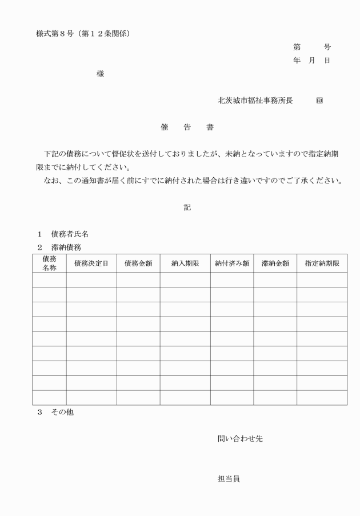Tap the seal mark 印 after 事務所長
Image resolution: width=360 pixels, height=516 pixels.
coord(319,101)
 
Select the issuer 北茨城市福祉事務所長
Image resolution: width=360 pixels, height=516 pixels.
coord(255,101)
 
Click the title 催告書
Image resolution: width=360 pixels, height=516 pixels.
coord(187,127)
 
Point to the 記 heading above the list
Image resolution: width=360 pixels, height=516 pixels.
coord(187,207)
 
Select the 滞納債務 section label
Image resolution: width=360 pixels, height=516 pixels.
coord(66,247)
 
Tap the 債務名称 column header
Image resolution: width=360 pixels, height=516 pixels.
coord(49,263)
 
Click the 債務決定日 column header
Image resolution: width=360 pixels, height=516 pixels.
coord(91,263)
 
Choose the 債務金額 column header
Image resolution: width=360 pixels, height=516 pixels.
coord(138,263)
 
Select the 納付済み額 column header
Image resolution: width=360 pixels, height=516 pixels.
coord(232,263)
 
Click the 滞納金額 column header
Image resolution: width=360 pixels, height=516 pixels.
coord(275,263)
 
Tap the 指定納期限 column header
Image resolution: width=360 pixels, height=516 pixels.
coord(322,263)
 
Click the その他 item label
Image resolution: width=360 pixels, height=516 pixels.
coord(62,412)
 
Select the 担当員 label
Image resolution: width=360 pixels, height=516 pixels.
coord(229,479)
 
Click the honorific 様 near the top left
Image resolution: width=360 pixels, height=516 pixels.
coord(101,74)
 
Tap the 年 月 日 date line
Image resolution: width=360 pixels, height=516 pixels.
coord(311,61)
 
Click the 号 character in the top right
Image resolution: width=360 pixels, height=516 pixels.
coord(327,47)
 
